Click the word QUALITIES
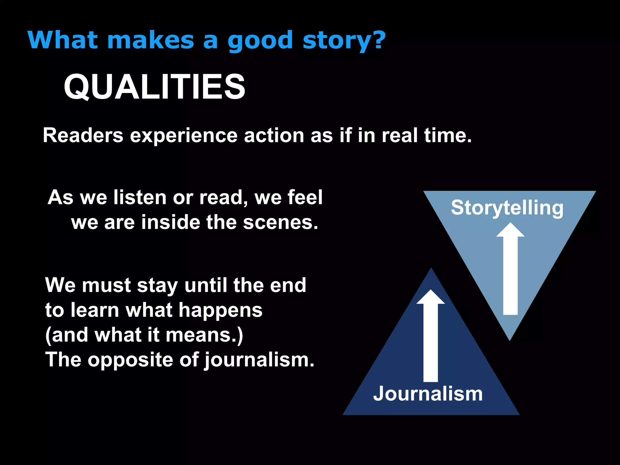pyautogui.click(x=154, y=87)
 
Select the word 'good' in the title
pyautogui.click(x=260, y=41)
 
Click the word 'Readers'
pyautogui.click(x=83, y=135)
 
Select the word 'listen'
pyautogui.click(x=140, y=197)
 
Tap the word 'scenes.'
pyautogui.click(x=281, y=223)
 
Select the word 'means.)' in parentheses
pyautogui.click(x=204, y=335)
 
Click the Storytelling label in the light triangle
pyautogui.click(x=507, y=208)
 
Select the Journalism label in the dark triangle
pyautogui.click(x=428, y=394)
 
